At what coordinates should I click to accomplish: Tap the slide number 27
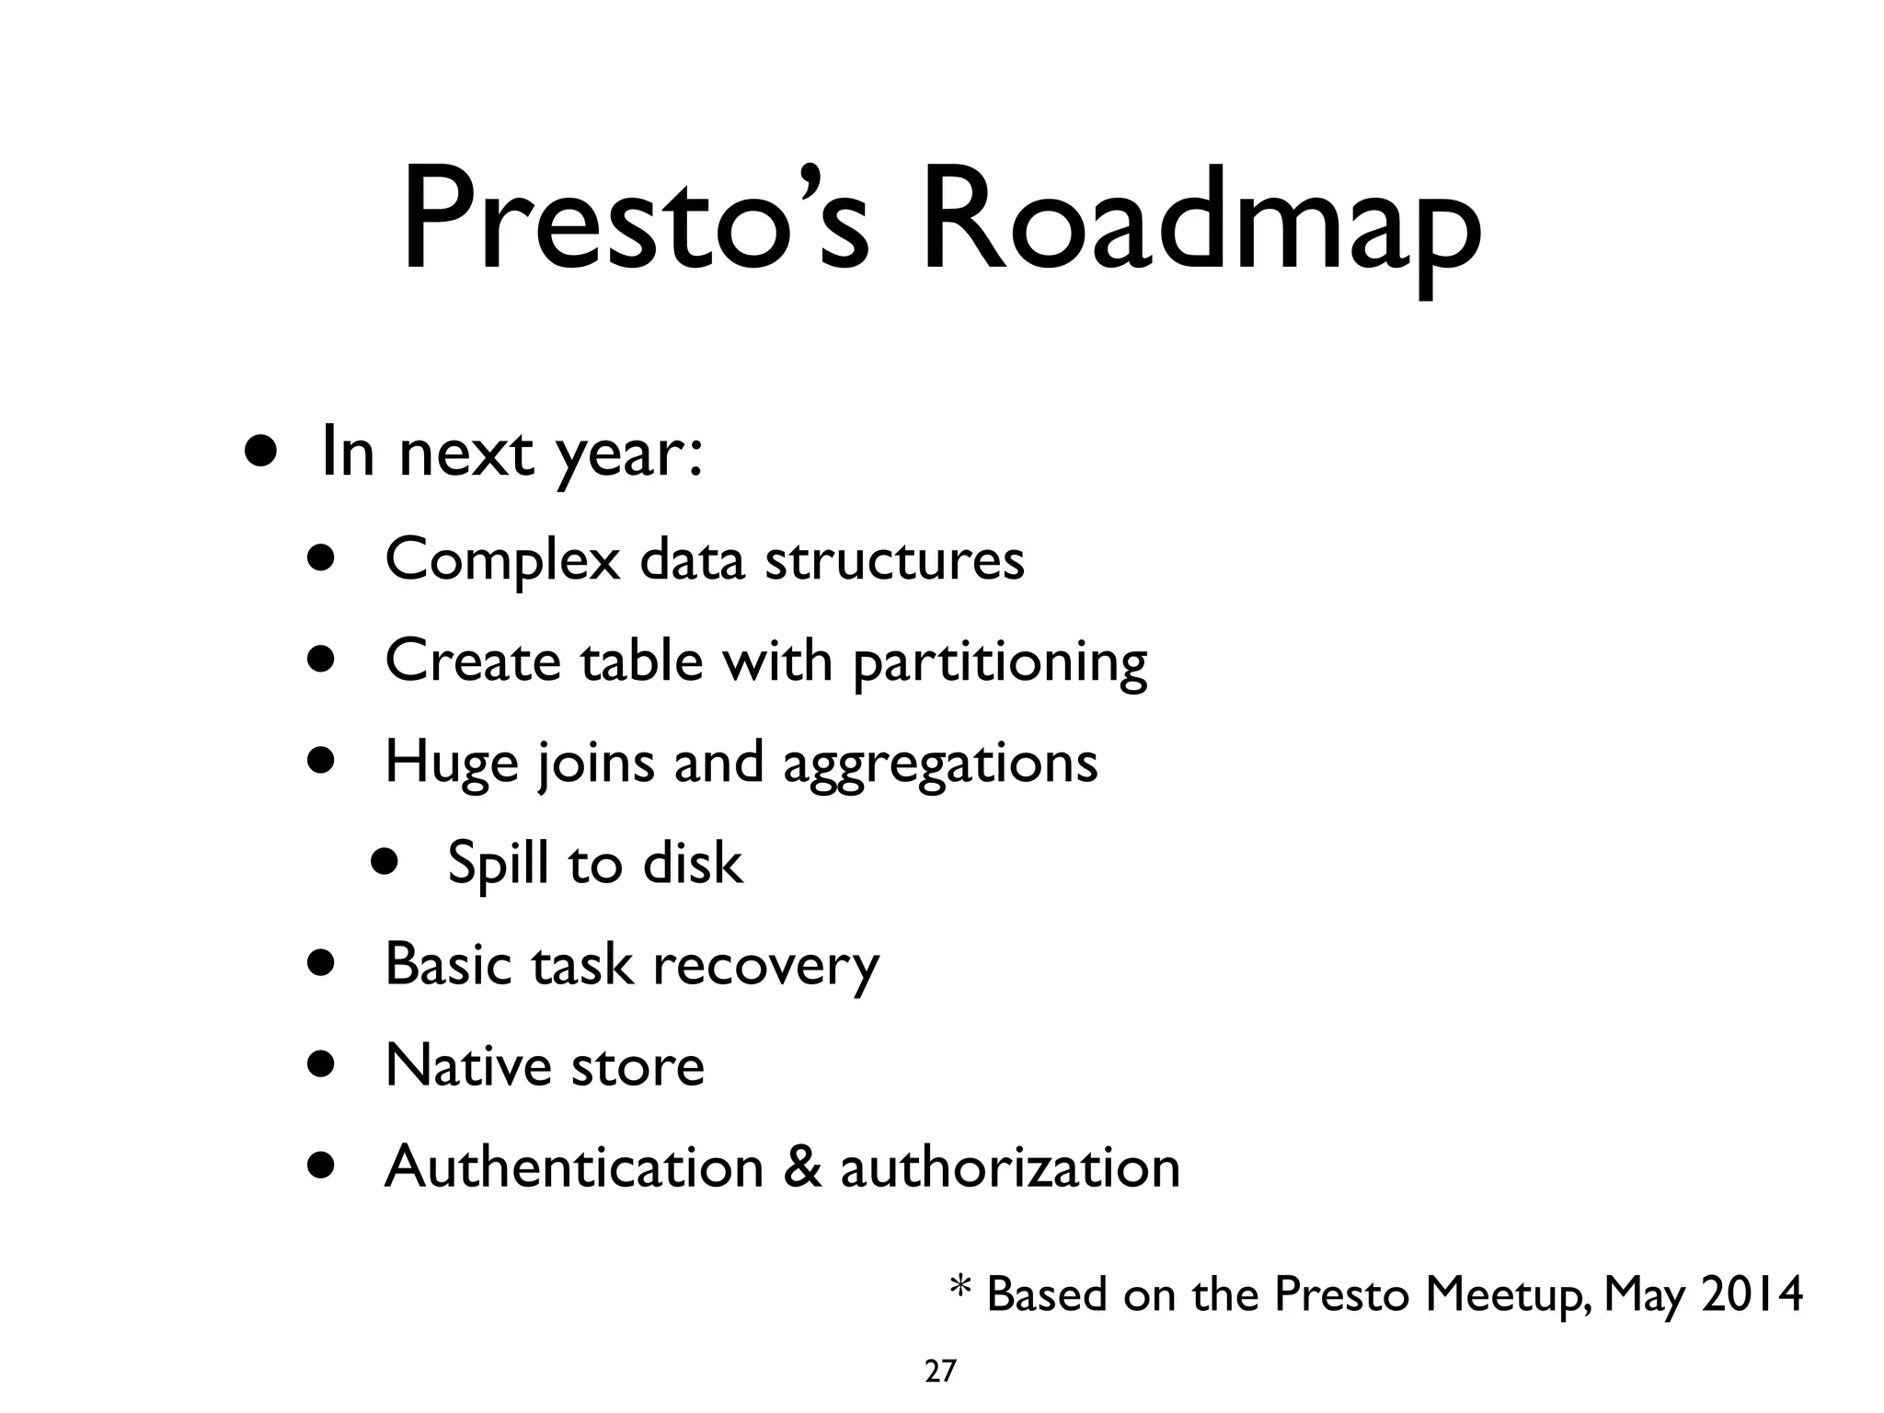click(940, 1372)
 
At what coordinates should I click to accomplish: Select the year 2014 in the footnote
click(1752, 1294)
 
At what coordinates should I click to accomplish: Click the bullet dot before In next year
click(260, 453)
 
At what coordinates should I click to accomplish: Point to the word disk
click(692, 863)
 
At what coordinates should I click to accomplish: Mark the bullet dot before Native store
click(322, 1065)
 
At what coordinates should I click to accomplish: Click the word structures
click(894, 559)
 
